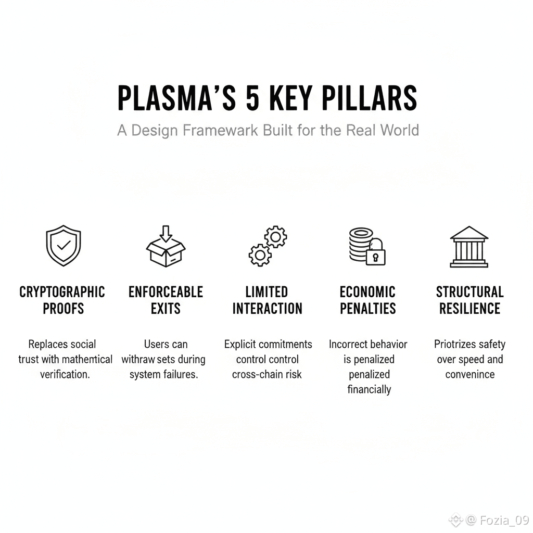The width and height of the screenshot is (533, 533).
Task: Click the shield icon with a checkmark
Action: [x=64, y=246]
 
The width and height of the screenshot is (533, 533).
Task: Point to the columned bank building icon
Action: [x=469, y=246]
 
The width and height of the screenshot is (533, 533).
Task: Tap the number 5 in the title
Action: [x=252, y=97]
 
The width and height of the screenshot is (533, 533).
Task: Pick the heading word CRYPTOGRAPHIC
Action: [x=62, y=292]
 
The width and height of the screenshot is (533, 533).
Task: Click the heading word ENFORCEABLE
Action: [x=166, y=292]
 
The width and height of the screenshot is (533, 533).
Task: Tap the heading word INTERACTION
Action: [x=267, y=309]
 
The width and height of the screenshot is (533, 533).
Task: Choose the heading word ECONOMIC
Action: [x=367, y=292]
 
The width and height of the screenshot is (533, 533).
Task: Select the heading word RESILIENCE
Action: [x=469, y=309]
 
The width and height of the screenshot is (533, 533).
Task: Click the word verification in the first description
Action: [x=65, y=374]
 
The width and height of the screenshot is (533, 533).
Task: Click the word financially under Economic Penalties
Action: [x=369, y=389]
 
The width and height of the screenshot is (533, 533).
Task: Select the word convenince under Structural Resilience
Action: [x=469, y=374]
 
